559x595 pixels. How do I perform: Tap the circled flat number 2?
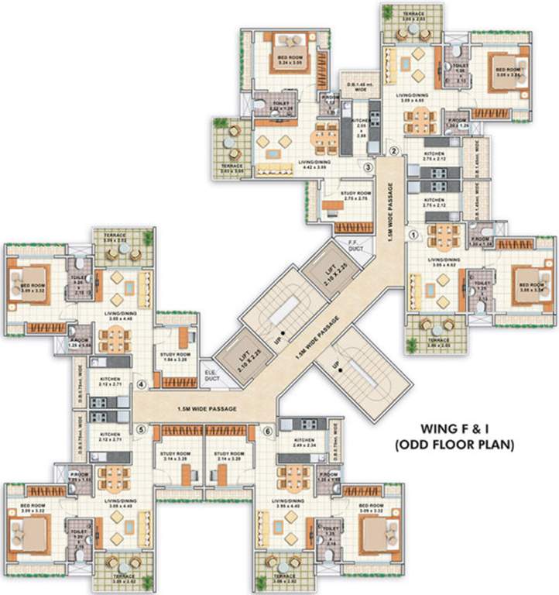coord(393,151)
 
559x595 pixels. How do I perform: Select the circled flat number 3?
coord(369,166)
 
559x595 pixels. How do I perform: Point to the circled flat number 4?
coord(142,383)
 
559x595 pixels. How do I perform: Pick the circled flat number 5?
coord(141,431)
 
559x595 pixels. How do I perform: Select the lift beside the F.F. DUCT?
coord(329,268)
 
